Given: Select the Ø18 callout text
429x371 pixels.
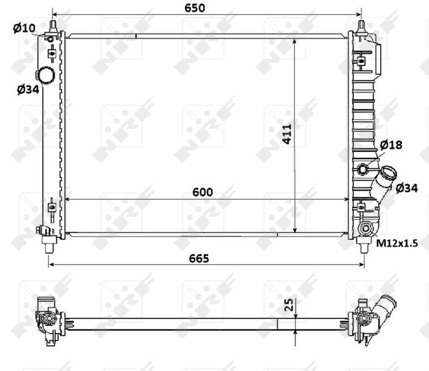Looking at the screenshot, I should click(x=391, y=145).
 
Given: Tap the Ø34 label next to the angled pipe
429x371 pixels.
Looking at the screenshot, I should click(x=406, y=187).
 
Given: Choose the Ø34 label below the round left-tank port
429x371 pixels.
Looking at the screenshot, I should click(x=28, y=90).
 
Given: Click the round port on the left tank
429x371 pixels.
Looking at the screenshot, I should click(x=45, y=75).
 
